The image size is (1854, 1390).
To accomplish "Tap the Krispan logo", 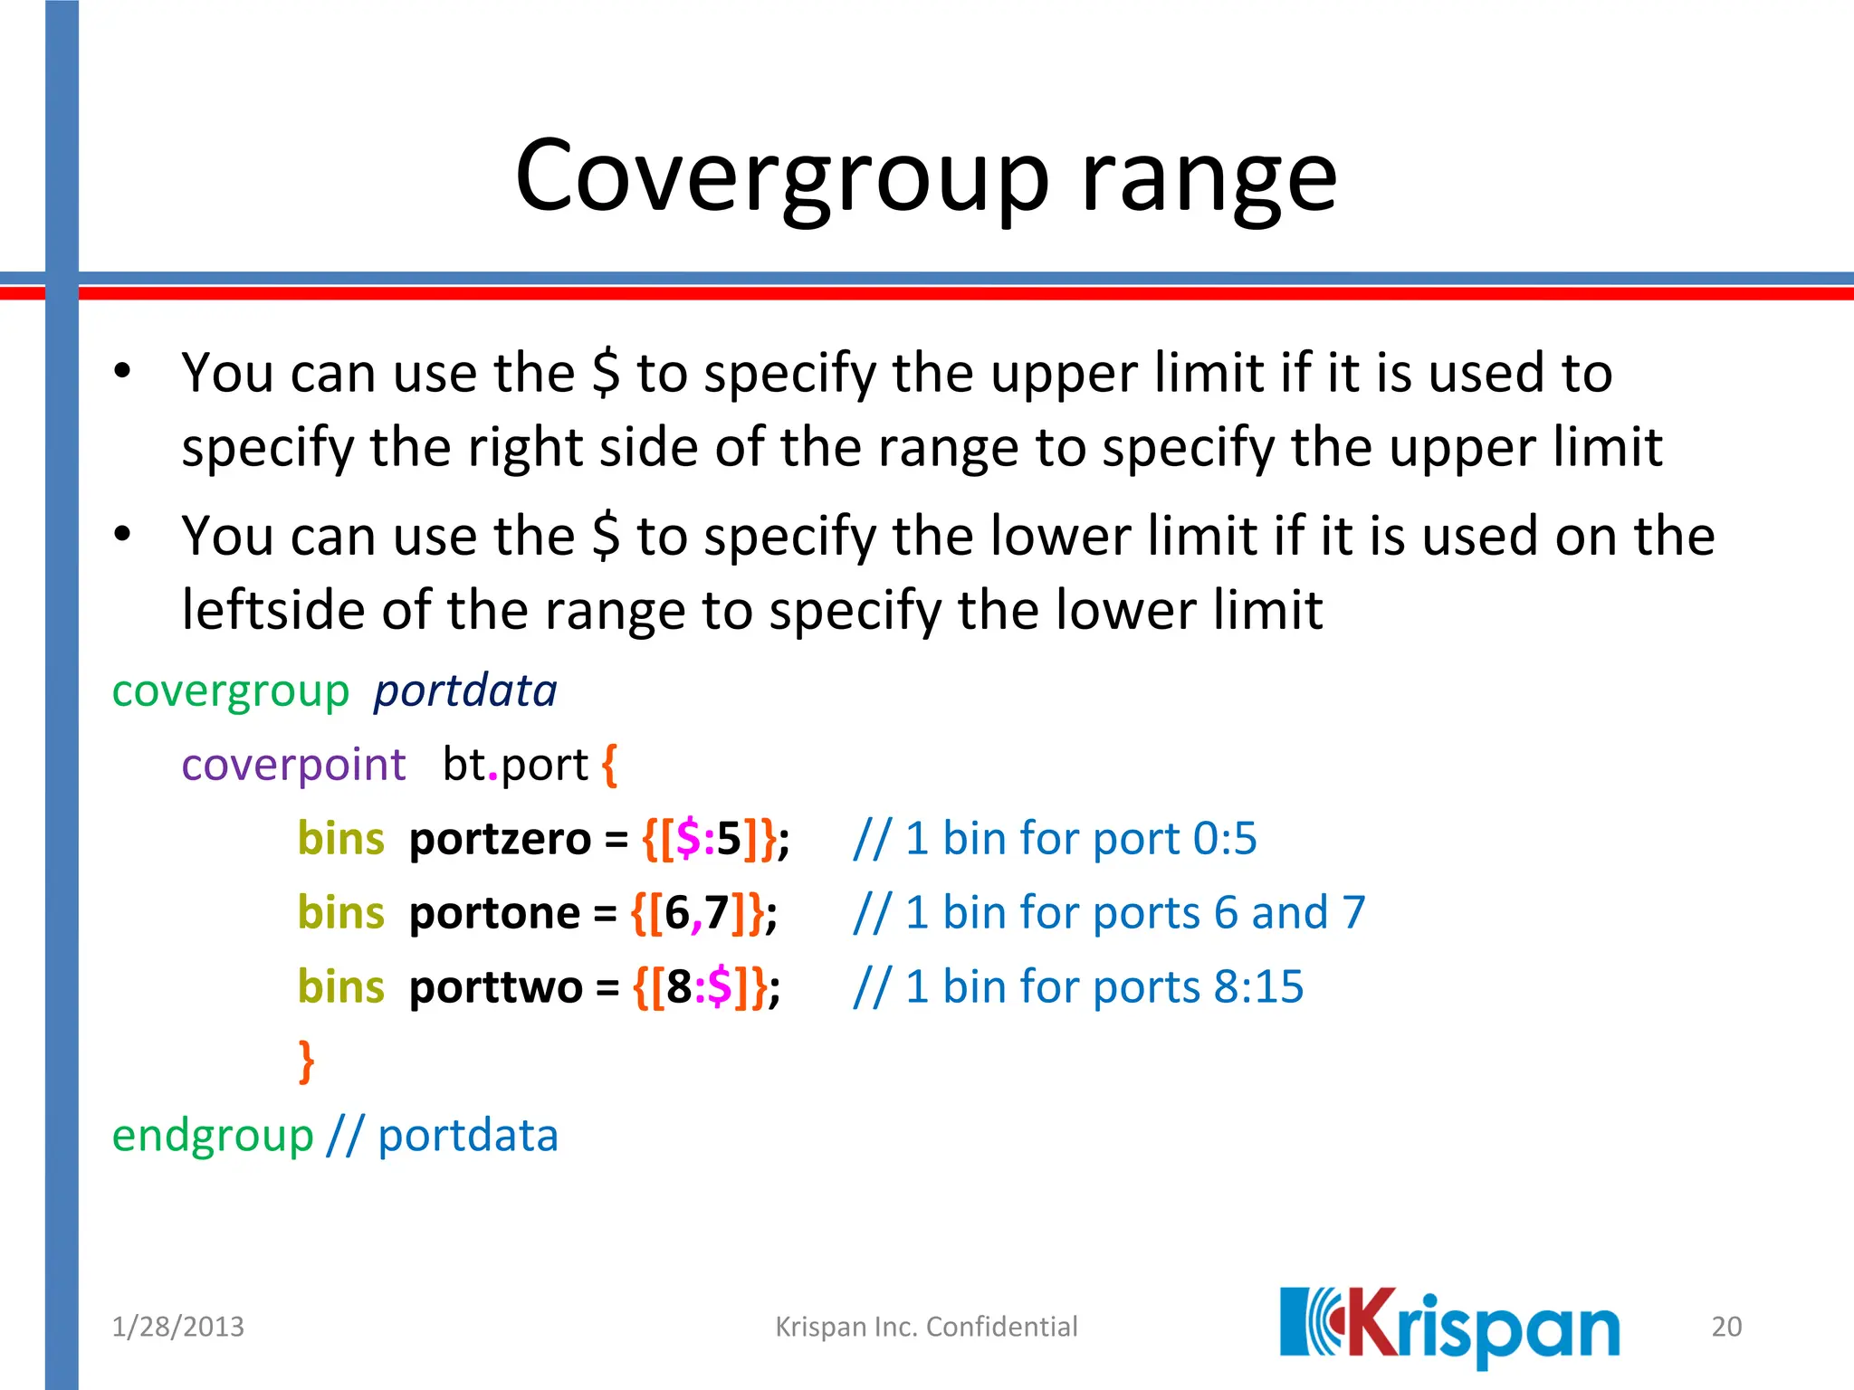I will (1449, 1326).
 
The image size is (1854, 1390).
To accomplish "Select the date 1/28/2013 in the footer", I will (177, 1327).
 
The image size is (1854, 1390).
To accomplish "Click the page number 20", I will (1726, 1327).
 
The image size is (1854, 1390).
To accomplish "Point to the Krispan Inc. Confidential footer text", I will (926, 1327).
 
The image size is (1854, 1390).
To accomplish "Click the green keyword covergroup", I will (230, 692).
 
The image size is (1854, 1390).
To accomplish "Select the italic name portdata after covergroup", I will (465, 692).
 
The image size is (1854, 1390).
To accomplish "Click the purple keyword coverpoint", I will (293, 766).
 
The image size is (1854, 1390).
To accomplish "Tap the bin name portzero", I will (500, 839).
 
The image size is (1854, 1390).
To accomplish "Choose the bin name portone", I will (494, 913).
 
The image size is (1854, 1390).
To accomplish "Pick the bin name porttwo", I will (495, 987).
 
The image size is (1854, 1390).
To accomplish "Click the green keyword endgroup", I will (213, 1136).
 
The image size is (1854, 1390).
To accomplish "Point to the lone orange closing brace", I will (307, 1061).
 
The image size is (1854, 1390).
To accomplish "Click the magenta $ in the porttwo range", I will (720, 987).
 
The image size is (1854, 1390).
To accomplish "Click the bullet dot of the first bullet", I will (123, 371).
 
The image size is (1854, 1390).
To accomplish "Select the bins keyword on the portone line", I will (341, 913).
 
